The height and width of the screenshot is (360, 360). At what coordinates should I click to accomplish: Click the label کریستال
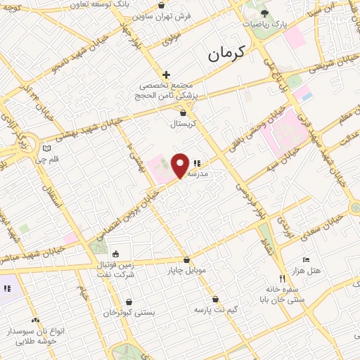[x=184, y=124]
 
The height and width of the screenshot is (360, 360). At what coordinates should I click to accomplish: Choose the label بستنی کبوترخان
[x=129, y=313]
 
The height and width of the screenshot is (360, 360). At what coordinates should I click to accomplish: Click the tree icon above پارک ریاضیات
[x=264, y=13]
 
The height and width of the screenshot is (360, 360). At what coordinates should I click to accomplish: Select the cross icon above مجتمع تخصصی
[x=166, y=75]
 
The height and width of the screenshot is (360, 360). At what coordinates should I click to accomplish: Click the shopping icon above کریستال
[x=184, y=112]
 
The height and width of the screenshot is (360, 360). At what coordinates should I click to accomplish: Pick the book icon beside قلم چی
[x=47, y=148]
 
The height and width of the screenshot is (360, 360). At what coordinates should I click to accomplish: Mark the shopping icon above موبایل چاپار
[x=186, y=259]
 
